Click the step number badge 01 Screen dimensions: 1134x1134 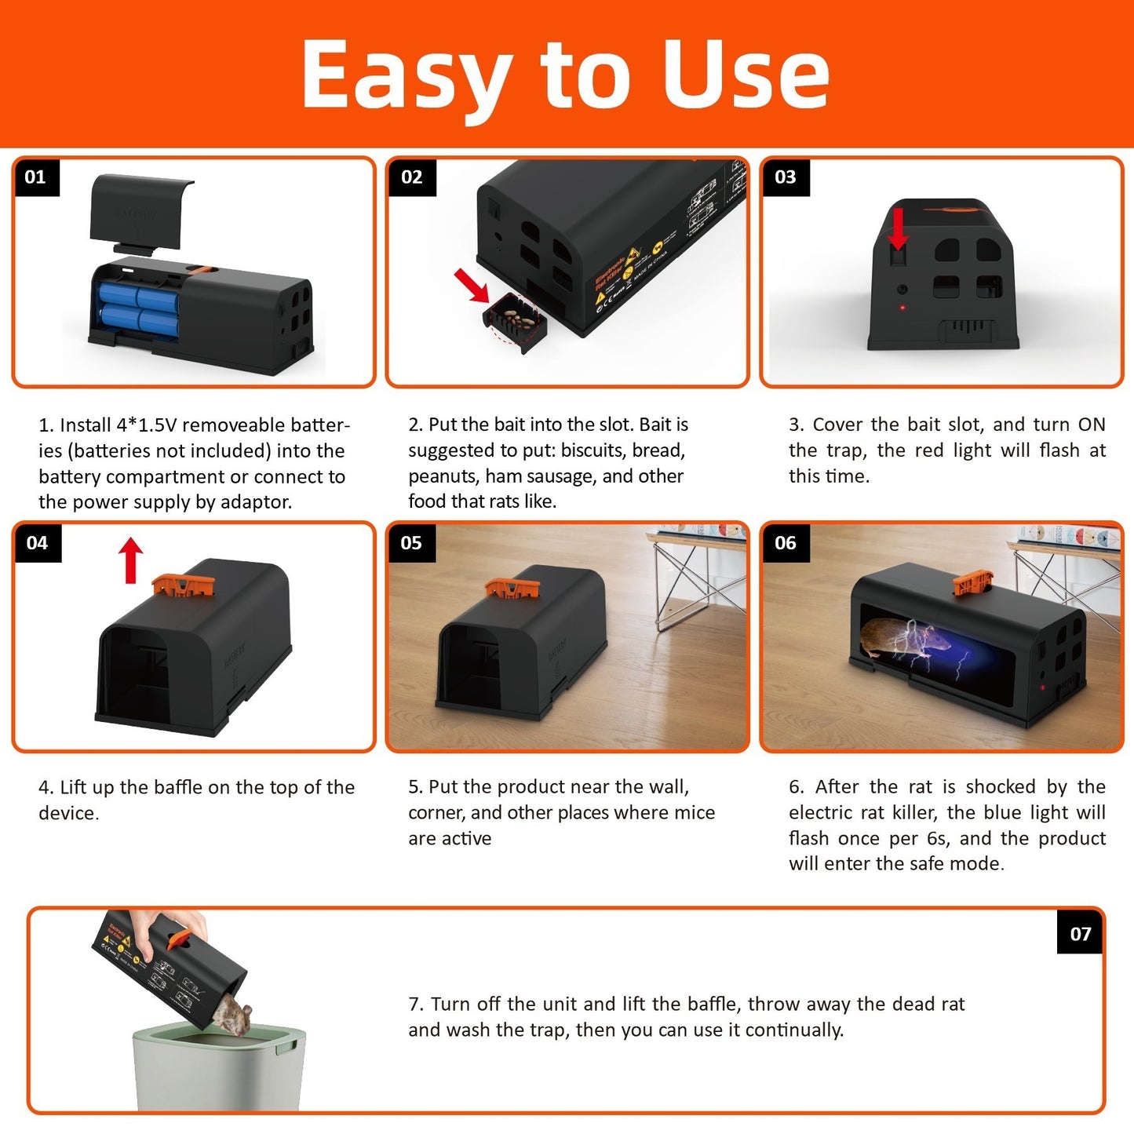pyautogui.click(x=35, y=177)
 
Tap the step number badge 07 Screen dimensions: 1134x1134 pyautogui.click(x=1080, y=933)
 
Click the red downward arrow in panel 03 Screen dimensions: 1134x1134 pyautogui.click(x=898, y=228)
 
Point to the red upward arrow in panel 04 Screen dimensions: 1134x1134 pyautogui.click(x=131, y=560)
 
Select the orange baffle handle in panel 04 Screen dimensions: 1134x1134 pyautogui.click(x=183, y=585)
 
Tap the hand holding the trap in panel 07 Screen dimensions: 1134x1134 pyautogui.click(x=169, y=926)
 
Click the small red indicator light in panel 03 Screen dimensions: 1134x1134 pyautogui.click(x=902, y=307)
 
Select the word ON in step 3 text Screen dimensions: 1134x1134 pyautogui.click(x=1091, y=425)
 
